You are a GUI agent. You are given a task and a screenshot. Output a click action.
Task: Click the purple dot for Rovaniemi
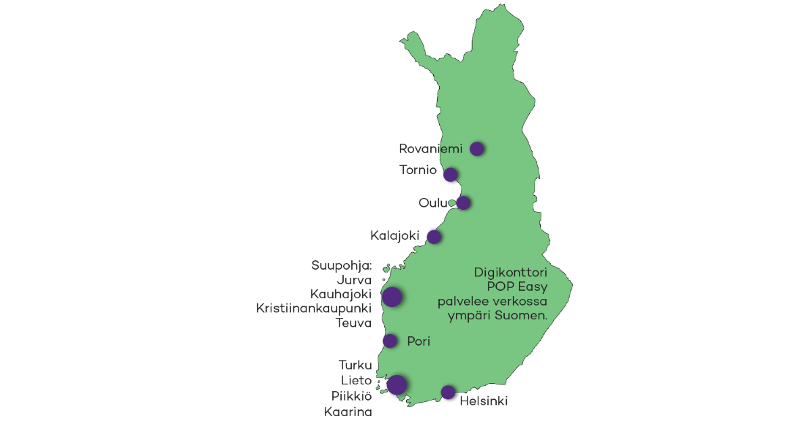tap(477, 148)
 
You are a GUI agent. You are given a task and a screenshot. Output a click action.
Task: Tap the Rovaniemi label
tap(430, 149)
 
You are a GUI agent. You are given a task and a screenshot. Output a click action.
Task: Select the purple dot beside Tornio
tap(450, 174)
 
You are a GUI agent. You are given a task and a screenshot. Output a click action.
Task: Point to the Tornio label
tap(418, 170)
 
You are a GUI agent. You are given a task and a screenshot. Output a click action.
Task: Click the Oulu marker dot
tap(464, 203)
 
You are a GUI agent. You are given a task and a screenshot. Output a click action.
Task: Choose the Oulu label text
tap(433, 203)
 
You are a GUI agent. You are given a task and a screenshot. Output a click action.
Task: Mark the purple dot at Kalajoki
tap(434, 237)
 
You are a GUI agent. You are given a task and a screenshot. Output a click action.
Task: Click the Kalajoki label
tap(395, 237)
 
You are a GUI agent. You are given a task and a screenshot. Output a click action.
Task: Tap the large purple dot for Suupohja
tap(392, 297)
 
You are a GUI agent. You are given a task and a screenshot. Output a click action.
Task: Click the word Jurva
tap(354, 279)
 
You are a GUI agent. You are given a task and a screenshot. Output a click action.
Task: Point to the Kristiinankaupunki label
tap(314, 308)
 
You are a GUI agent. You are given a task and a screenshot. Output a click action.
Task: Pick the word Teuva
tap(354, 323)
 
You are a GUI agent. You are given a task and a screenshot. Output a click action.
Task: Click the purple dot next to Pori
tap(390, 340)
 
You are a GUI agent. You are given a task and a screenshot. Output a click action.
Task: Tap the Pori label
tap(419, 341)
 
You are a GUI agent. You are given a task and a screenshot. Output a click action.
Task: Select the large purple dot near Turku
tap(397, 384)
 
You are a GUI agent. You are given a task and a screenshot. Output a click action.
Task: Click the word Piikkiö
tap(351, 396)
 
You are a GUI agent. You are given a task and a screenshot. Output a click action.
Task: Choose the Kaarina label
tap(348, 411)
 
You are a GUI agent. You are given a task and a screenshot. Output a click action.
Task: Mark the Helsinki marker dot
tap(447, 392)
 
